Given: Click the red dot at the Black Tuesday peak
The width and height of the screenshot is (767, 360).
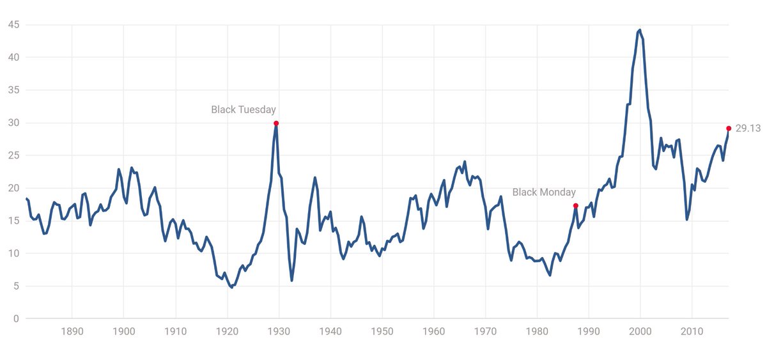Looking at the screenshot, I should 275,123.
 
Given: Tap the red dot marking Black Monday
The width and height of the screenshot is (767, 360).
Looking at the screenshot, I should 576,205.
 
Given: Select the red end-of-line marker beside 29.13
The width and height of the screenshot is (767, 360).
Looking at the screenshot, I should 729,128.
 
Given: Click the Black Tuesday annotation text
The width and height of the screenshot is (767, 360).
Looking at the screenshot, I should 244,110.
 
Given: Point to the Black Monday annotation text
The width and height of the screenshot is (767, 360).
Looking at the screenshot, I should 544,192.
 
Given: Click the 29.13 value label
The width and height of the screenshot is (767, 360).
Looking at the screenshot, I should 748,129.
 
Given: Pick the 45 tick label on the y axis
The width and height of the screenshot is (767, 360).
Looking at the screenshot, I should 13,25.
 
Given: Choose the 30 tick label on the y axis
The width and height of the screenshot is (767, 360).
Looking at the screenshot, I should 13,123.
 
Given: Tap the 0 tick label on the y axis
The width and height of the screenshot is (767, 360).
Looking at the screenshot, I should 16,318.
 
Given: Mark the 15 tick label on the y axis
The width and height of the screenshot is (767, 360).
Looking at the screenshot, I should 13,221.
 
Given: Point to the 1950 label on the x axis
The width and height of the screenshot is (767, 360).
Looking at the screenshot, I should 382,333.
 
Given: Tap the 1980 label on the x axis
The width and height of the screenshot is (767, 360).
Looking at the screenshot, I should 538,333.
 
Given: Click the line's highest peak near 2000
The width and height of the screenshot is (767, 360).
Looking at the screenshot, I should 640,29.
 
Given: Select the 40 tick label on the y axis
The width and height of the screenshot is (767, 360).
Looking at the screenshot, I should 13,58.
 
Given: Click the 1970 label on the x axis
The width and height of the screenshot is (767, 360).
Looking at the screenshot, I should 486,333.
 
